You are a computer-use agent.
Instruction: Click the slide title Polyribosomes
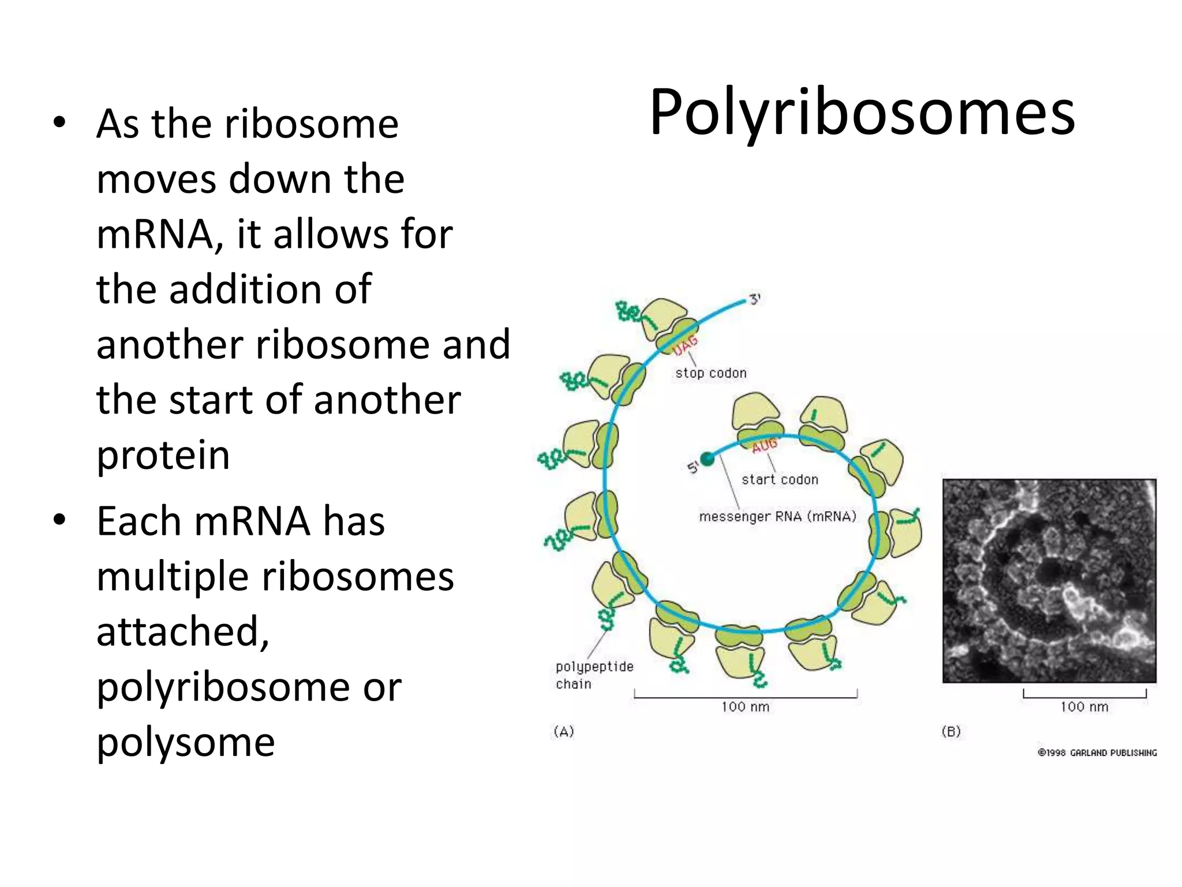862,113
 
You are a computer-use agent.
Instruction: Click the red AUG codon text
764,445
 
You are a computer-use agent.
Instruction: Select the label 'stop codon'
711,373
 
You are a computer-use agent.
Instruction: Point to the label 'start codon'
780,479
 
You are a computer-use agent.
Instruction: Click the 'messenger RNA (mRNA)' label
777,516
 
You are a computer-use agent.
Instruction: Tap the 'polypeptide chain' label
594,675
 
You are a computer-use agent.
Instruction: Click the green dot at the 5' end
707,459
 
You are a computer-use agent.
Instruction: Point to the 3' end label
755,299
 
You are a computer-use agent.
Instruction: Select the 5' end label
693,467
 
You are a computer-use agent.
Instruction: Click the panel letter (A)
564,732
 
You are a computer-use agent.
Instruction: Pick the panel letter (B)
951,732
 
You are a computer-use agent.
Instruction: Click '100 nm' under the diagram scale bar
745,706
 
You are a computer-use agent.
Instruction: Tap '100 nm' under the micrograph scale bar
1084,706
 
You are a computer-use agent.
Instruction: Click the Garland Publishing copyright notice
1097,752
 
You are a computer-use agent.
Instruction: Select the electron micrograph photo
1049,580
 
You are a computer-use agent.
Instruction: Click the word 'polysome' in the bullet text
185,742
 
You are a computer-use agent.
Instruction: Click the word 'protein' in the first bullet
163,455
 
